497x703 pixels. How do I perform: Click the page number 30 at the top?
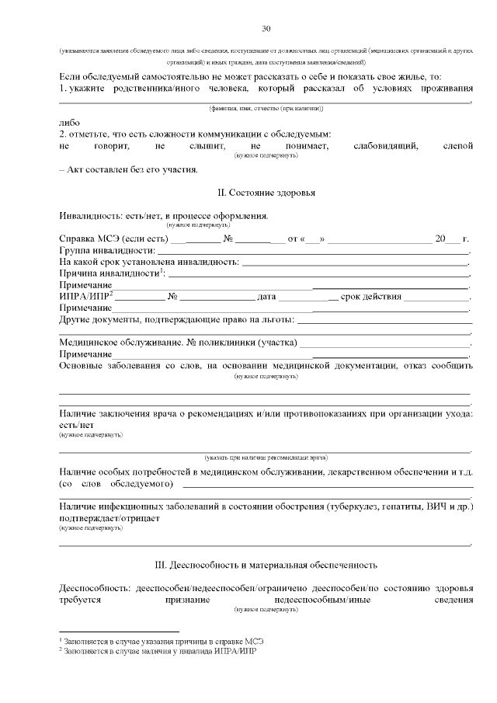click(266, 29)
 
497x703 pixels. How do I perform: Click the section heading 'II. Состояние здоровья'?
click(266, 192)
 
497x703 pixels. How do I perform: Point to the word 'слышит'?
click(206, 145)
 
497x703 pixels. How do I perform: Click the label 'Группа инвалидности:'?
click(107, 251)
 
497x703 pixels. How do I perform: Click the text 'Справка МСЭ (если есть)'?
click(114, 238)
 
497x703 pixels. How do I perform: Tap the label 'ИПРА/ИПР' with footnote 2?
click(86, 297)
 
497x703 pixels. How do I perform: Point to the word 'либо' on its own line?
click(69, 122)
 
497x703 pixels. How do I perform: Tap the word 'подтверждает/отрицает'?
click(109, 518)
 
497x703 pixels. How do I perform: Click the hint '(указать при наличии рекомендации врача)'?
click(266, 458)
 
